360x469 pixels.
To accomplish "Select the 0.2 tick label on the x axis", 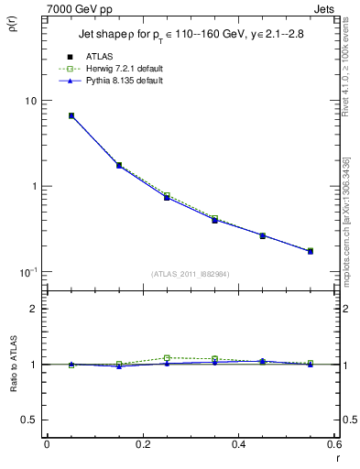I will coord(142,444).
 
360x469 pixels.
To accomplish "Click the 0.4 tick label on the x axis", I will coord(238,444).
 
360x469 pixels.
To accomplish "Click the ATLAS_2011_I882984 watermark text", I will coord(190,274).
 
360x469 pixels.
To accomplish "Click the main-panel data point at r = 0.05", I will coord(71,115).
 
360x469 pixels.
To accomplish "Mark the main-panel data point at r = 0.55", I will coord(310,250).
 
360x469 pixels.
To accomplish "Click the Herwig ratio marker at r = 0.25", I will coord(167,357).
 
